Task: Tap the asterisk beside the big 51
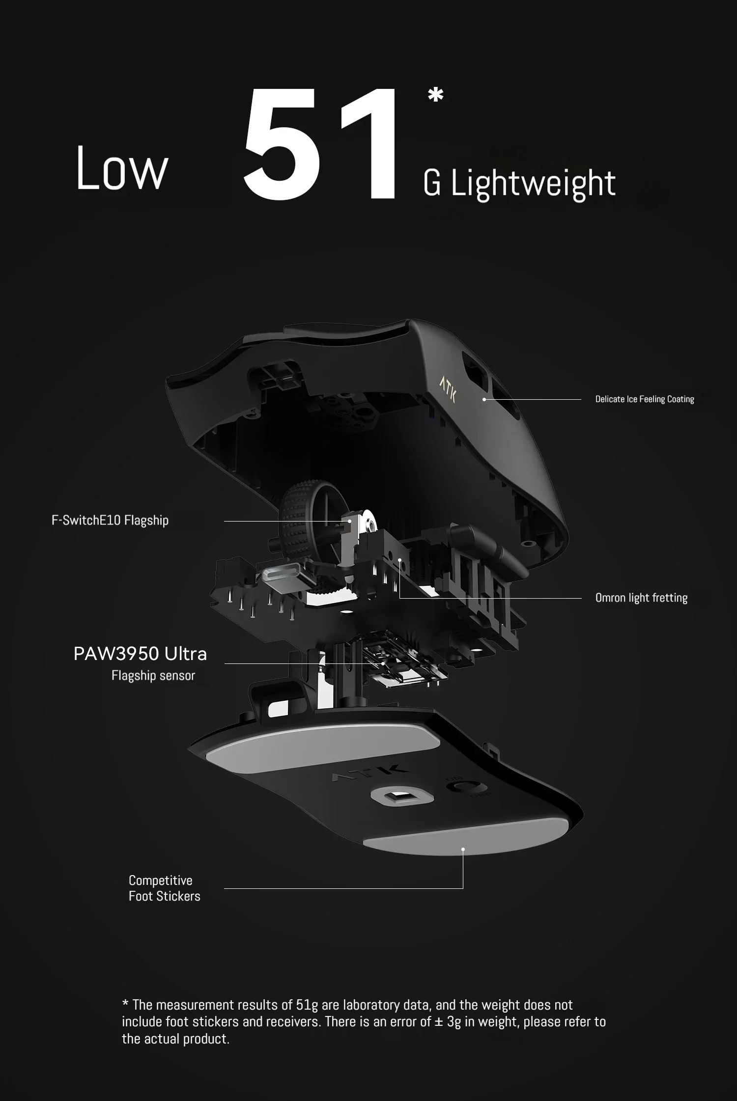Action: coord(435,95)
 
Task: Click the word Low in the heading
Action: coord(122,168)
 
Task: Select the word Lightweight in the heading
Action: coord(533,184)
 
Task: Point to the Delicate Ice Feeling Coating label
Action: coord(644,399)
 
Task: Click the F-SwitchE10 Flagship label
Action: coord(110,521)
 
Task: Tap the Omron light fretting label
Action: coord(641,598)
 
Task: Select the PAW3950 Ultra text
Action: coord(140,654)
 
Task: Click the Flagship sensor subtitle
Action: coord(153,676)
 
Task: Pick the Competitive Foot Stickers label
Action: coord(164,888)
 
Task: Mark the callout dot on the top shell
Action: coord(484,399)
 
